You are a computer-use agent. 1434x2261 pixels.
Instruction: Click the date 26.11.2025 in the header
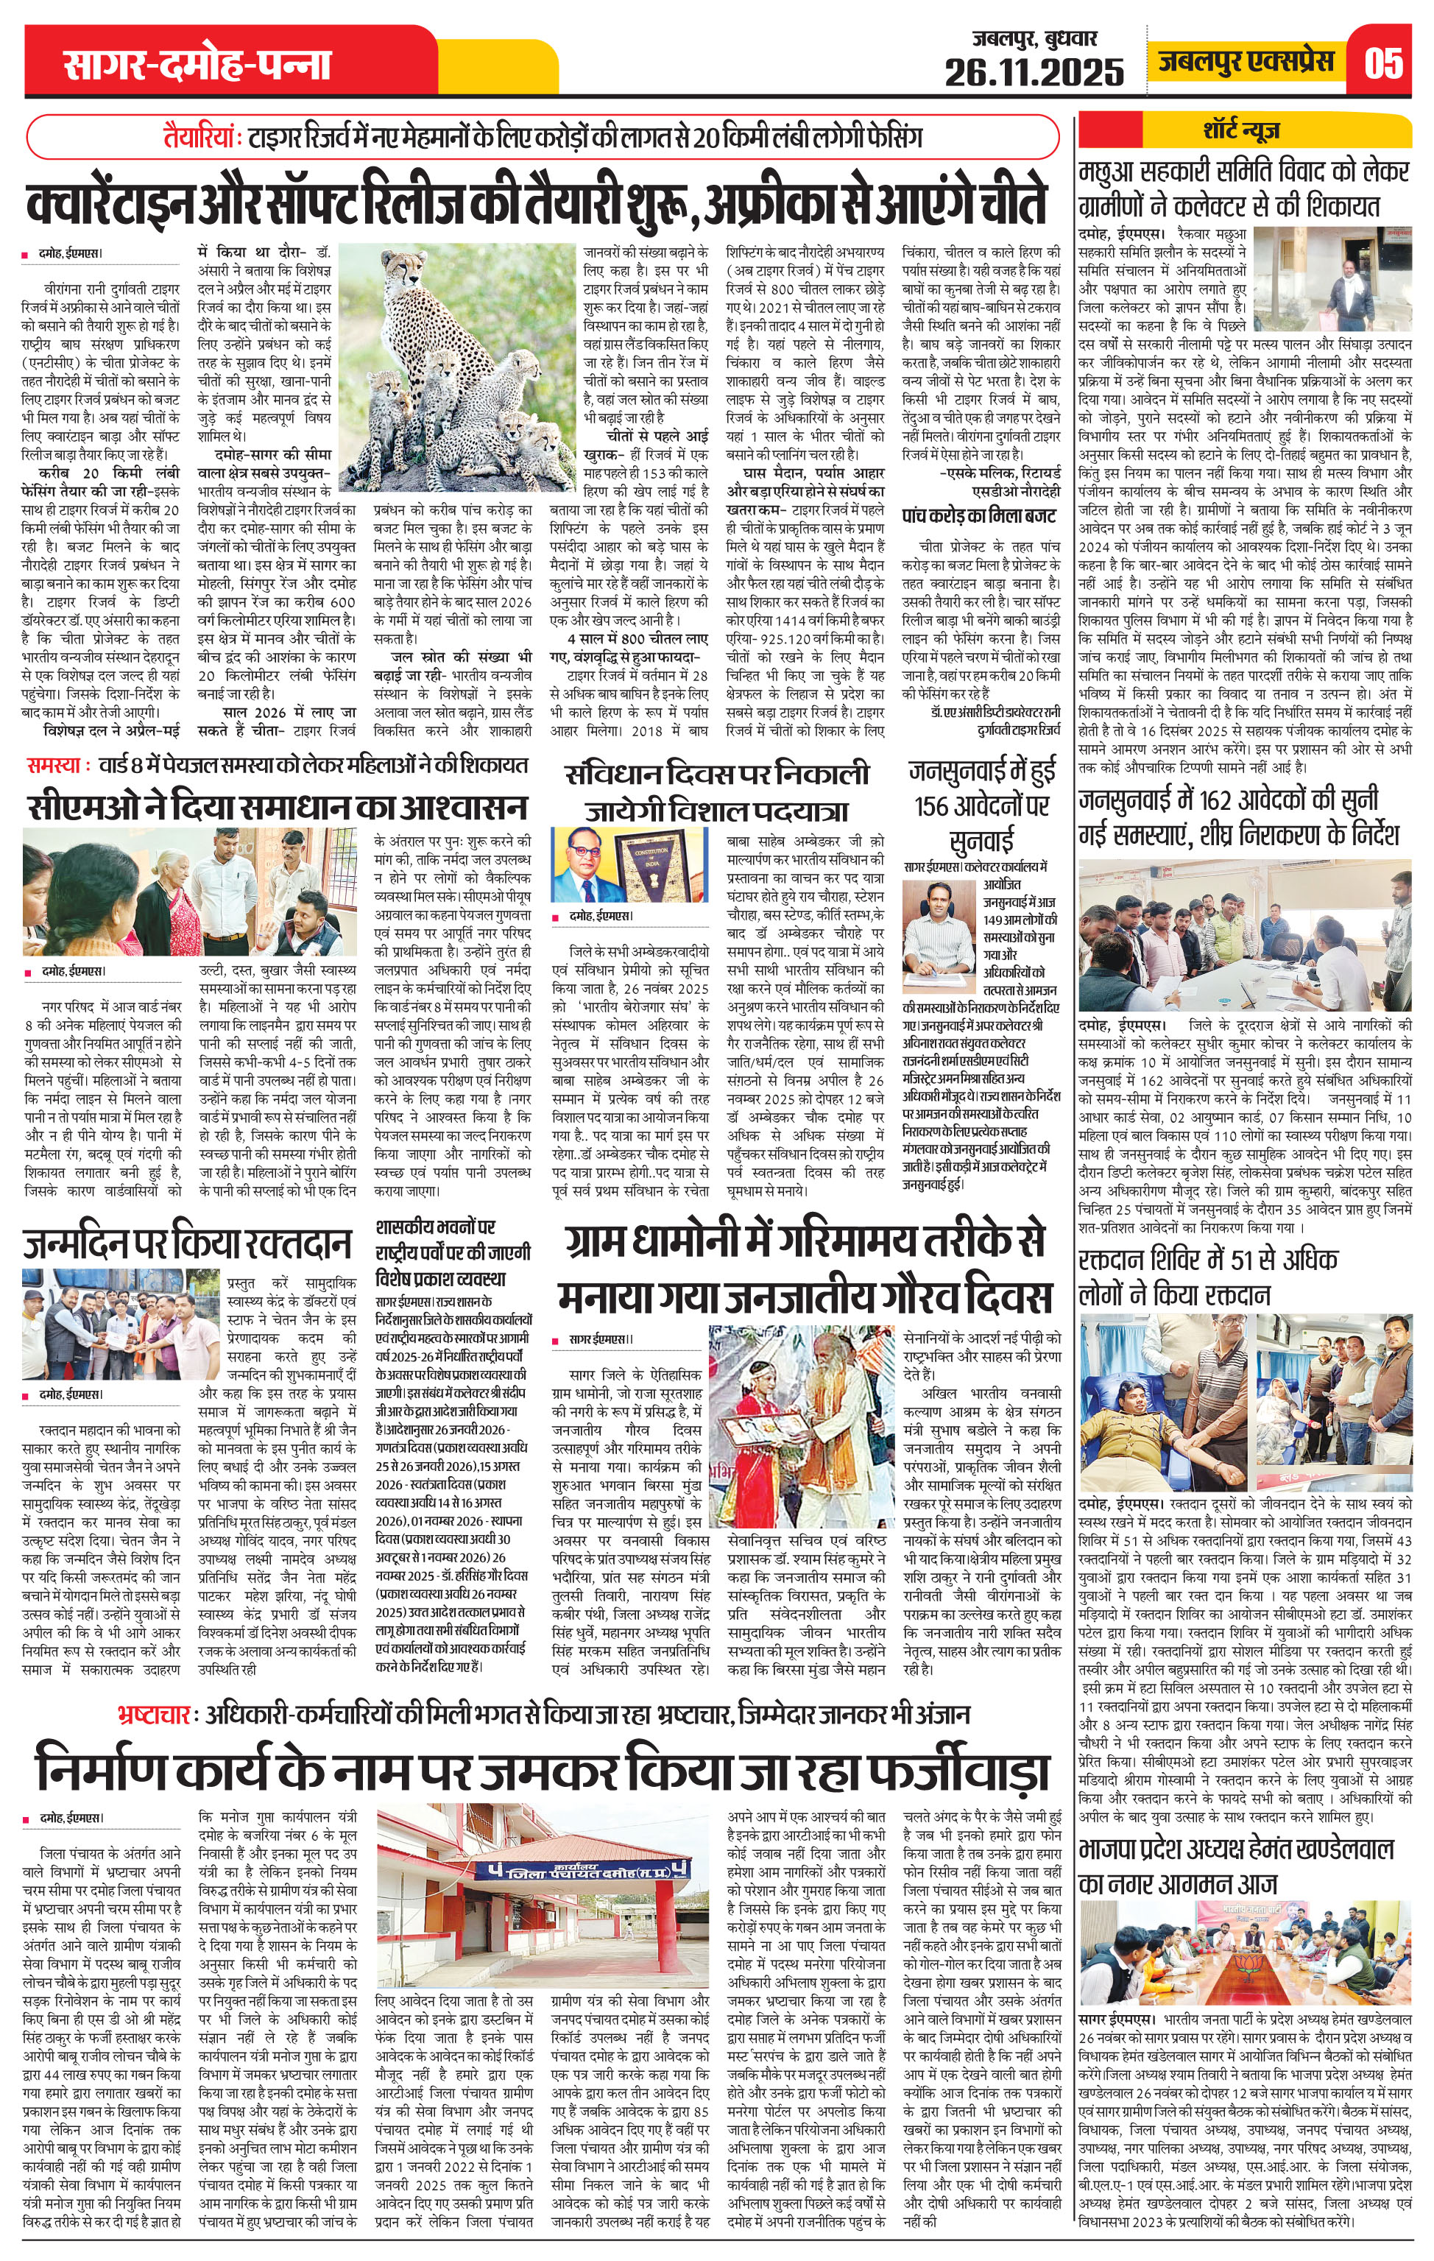(1034, 71)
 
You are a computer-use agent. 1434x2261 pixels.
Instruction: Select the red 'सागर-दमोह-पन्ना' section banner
(198, 65)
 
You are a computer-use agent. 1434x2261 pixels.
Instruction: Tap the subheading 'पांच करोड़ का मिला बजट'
(978, 515)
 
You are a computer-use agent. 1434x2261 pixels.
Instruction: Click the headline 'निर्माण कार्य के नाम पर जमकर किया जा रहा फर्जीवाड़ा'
(541, 1770)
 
